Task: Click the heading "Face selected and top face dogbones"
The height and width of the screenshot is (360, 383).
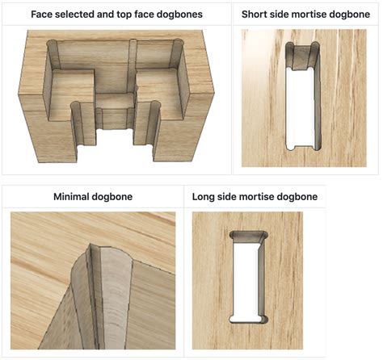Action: [x=117, y=15]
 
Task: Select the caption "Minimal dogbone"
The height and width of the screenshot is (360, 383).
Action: [x=93, y=196]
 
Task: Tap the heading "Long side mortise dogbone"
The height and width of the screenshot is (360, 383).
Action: [x=255, y=196]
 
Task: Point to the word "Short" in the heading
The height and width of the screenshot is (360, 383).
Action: [x=257, y=15]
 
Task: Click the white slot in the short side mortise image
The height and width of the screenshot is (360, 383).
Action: [x=301, y=105]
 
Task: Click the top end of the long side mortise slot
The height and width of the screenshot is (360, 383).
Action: [x=246, y=237]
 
